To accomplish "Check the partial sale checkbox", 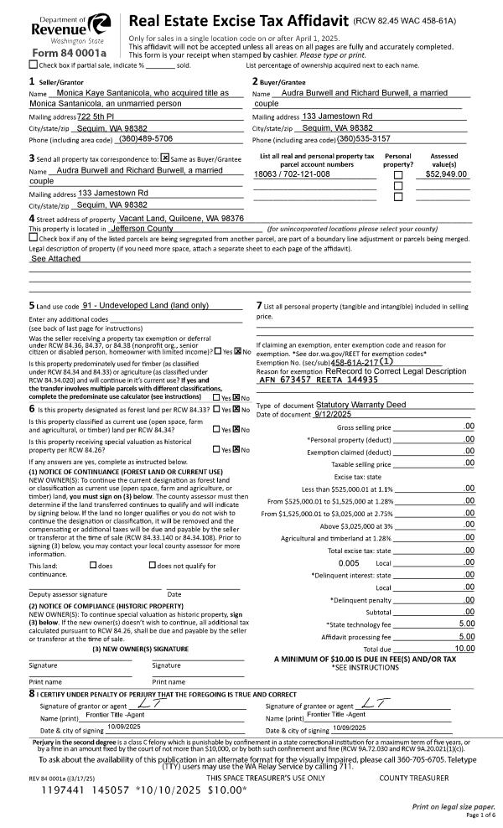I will (x=33, y=64).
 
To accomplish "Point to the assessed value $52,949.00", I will (x=445, y=174).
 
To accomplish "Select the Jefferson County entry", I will (x=142, y=228).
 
